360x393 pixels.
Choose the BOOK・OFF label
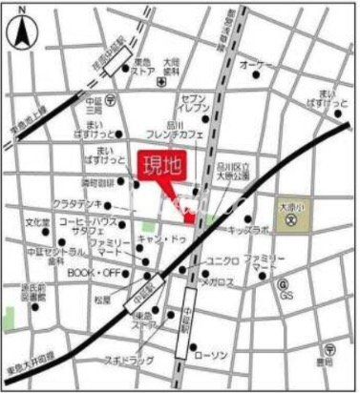pyautogui.click(x=93, y=272)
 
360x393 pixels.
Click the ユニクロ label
pyautogui.click(x=222, y=261)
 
